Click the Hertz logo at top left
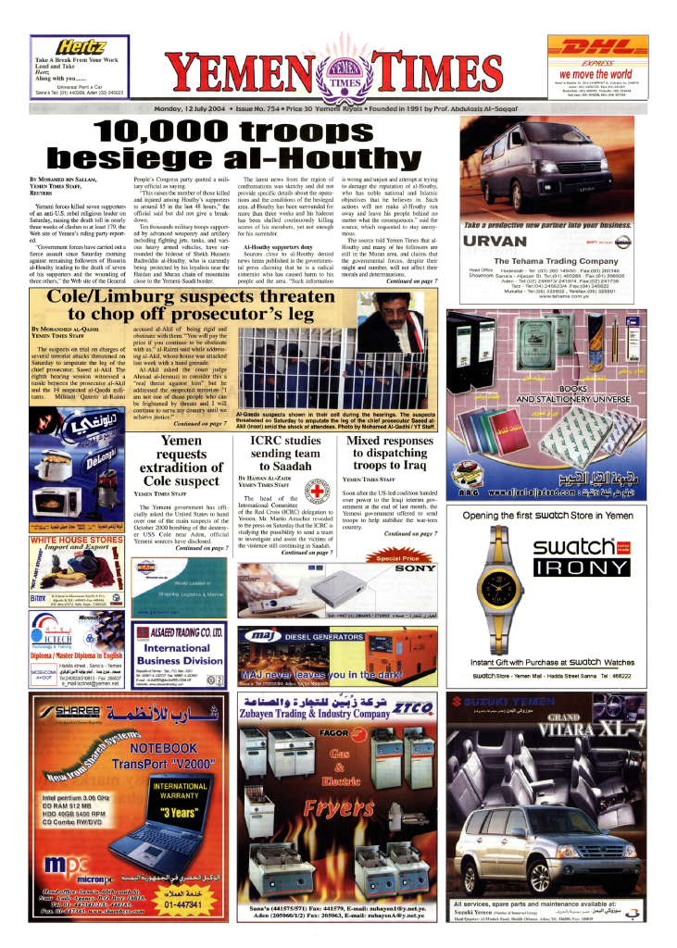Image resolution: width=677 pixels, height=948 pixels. pyautogui.click(x=81, y=47)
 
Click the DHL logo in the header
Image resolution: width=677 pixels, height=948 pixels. pyautogui.click(x=602, y=46)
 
